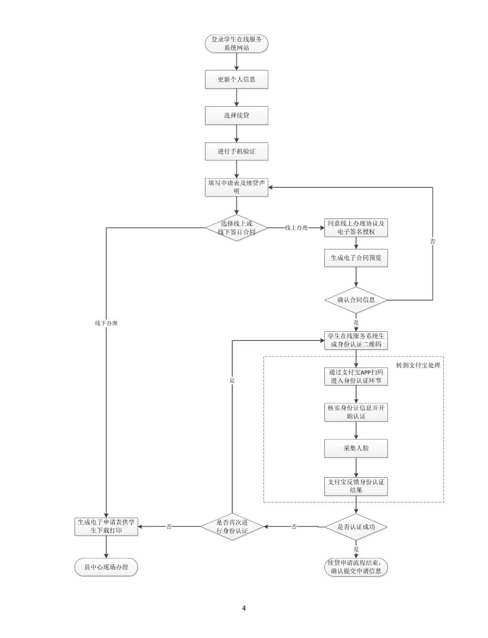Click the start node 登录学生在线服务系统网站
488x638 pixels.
coord(236,43)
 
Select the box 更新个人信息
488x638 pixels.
coord(236,79)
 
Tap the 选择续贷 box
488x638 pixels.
coord(236,116)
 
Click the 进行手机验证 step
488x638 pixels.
coord(236,151)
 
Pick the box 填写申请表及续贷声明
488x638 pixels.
coord(236,187)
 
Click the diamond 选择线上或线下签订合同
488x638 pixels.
coord(236,228)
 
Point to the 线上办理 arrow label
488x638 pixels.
coord(296,228)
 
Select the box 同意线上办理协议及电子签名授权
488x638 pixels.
coord(356,228)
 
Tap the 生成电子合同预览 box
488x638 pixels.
coord(356,258)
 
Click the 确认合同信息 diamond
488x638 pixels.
coord(356,300)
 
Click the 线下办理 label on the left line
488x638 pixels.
coord(106,323)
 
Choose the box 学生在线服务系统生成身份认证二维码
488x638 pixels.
coord(356,340)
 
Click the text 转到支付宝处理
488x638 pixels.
coord(418,365)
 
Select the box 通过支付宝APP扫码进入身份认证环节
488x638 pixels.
coord(356,377)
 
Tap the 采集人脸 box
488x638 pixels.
coord(356,448)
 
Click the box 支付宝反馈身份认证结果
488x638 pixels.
coord(356,486)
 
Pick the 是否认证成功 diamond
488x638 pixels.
coord(356,527)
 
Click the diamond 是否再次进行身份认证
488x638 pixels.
coord(232,526)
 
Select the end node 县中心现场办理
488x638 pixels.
coord(106,567)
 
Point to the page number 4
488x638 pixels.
coord(244,608)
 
